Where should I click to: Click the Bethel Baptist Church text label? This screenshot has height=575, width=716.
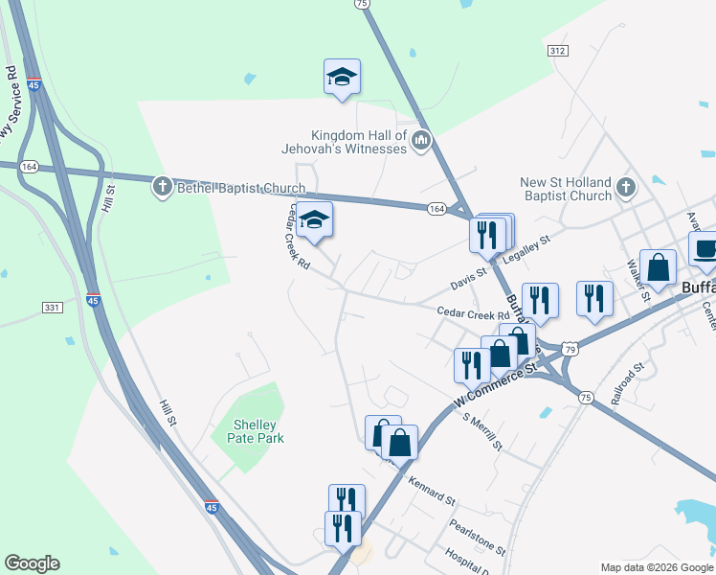[x=241, y=188]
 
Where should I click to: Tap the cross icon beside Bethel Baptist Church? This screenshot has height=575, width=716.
[x=163, y=188]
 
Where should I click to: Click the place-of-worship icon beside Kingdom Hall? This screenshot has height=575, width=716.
[x=420, y=144]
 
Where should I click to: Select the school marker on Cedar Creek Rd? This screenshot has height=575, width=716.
[x=313, y=220]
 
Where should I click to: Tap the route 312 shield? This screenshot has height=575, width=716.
[x=559, y=50]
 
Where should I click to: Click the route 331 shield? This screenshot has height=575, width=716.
[x=53, y=307]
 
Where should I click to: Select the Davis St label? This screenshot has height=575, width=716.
[x=469, y=282]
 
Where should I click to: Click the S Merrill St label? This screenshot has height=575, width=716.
[x=481, y=431]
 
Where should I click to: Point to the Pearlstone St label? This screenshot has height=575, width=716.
[x=478, y=537]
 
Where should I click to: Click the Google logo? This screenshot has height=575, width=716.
[x=32, y=563]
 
